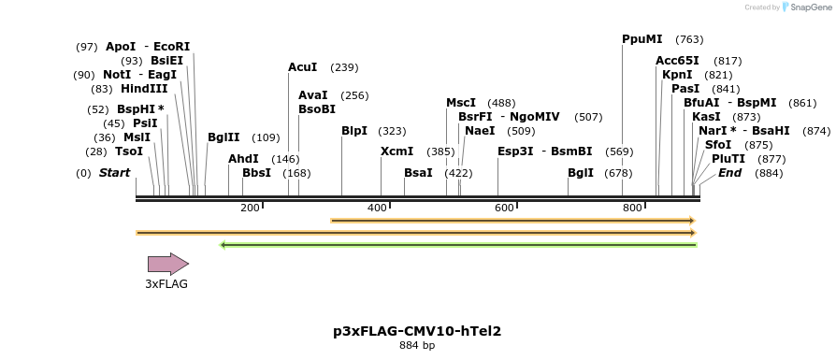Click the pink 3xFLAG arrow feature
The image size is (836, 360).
point(167,264)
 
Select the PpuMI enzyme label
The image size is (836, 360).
point(641,39)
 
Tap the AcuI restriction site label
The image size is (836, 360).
point(302,67)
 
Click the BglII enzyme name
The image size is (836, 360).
point(223,137)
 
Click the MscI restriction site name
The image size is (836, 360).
point(461,103)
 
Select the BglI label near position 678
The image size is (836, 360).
point(581,173)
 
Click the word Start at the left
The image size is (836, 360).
point(114,173)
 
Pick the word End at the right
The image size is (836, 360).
point(729,173)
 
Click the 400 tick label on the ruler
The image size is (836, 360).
point(377,208)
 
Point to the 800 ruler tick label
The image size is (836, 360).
point(632,208)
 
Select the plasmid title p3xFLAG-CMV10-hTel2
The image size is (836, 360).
point(417,331)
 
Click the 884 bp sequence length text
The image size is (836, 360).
point(417,346)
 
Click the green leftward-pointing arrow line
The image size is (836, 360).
point(458,245)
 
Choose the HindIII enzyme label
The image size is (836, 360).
point(144,89)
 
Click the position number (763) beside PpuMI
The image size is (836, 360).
point(689,39)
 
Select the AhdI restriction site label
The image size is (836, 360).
point(243,159)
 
